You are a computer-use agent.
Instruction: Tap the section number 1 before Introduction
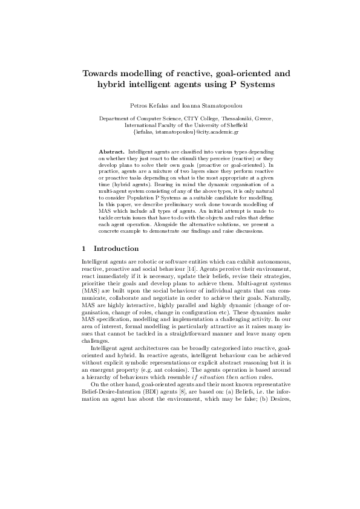pyautogui.click(x=83, y=248)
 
